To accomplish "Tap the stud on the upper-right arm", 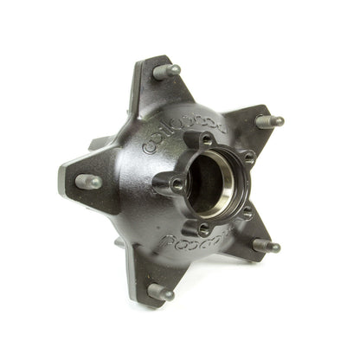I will pyautogui.click(x=269, y=121).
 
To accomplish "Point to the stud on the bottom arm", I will pyautogui.click(x=160, y=291).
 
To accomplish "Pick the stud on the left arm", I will pyautogui.click(x=88, y=182).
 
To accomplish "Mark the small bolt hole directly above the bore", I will pyautogui.click(x=204, y=138).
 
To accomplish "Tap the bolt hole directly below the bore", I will pyautogui.click(x=204, y=229).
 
